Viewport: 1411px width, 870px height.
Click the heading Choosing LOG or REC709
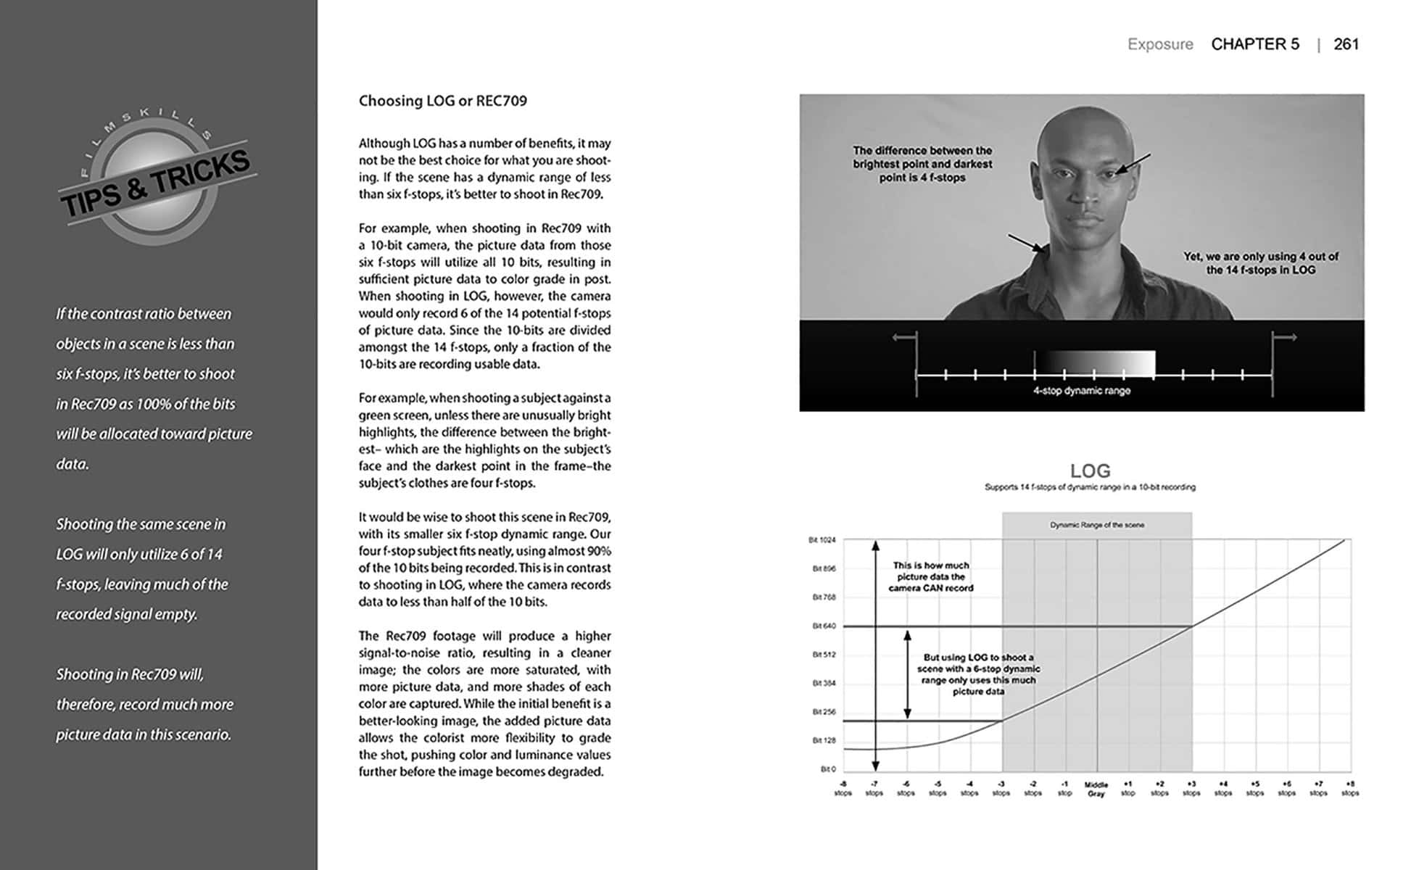tap(442, 101)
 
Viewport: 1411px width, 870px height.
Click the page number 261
tap(1346, 44)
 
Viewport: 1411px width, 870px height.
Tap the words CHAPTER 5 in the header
tap(1255, 44)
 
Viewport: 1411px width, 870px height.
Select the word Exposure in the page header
tap(1160, 44)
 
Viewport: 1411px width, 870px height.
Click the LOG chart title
tap(1090, 471)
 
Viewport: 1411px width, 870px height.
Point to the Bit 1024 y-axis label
tap(822, 540)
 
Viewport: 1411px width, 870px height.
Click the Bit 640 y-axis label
tap(824, 626)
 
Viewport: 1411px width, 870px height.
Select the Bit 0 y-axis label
tap(828, 768)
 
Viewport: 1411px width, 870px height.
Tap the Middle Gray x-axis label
tap(1096, 790)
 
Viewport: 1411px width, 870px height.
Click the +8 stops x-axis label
tap(1349, 789)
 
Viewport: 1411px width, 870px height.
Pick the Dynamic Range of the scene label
tap(1096, 525)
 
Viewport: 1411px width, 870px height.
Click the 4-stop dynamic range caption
tap(1081, 391)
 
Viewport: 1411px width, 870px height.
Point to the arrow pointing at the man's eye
tap(1133, 164)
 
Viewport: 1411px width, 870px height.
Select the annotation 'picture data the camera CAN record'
tap(930, 577)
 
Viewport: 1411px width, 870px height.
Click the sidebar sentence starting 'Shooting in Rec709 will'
tap(144, 704)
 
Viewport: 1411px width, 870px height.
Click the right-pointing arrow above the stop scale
tap(1285, 337)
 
